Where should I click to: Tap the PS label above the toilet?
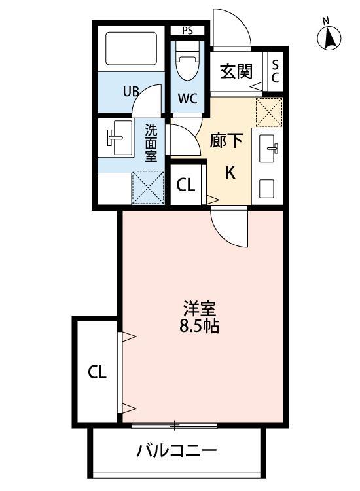pos(188,30)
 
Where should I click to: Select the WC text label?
pos(188,100)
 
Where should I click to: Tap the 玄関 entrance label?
pos(236,71)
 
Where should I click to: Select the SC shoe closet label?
pos(275,71)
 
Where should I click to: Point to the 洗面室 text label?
pos(151,142)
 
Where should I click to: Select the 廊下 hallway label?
pos(226,140)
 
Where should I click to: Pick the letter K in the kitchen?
pos(230,172)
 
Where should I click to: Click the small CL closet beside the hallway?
pos(186,185)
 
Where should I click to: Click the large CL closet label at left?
pos(97,373)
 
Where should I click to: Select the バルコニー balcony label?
pos(177,451)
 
